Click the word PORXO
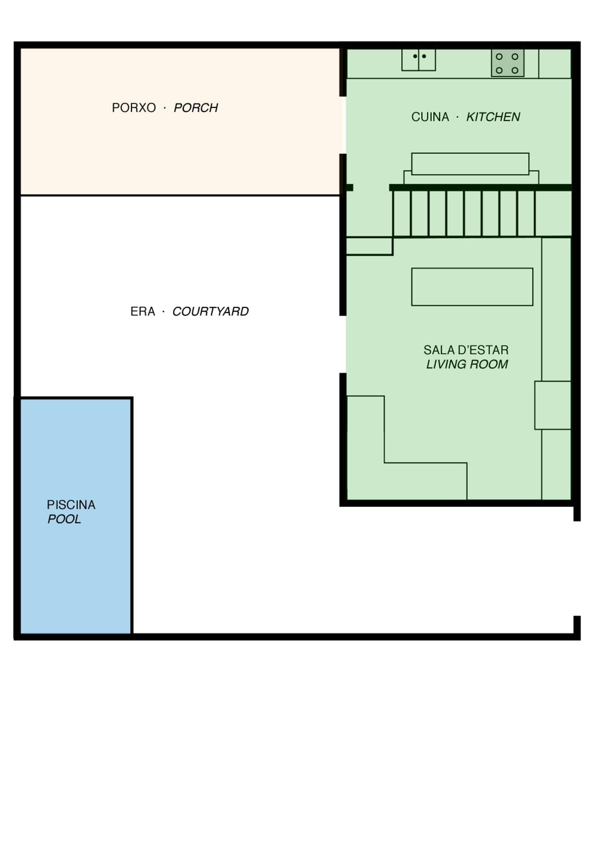coord(134,108)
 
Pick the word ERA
coord(143,311)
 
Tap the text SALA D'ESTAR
coord(466,350)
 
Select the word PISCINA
coord(71,505)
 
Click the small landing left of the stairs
coord(369,246)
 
